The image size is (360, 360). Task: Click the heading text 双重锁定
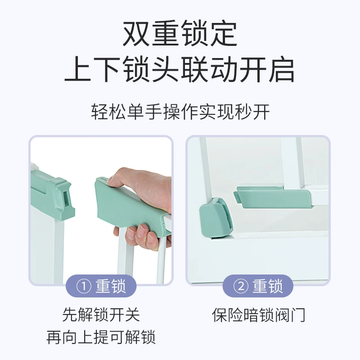click(x=180, y=34)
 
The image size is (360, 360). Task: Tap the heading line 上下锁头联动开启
click(x=180, y=70)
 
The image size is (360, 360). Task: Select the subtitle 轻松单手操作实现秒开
click(x=180, y=112)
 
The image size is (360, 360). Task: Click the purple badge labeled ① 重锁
click(x=101, y=286)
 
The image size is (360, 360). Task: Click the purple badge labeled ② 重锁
click(x=258, y=286)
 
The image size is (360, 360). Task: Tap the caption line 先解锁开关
click(x=101, y=315)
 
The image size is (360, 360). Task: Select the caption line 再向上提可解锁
click(x=101, y=337)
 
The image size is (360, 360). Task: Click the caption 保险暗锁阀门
click(x=258, y=315)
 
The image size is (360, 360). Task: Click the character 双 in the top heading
click(x=137, y=34)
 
